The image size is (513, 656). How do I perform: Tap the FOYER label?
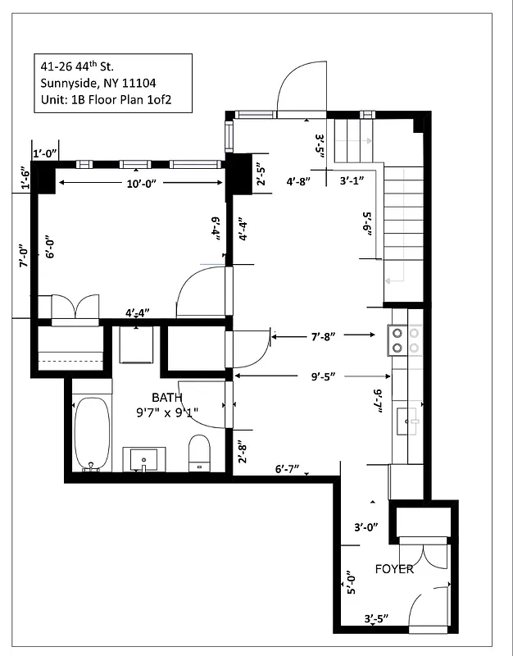394,569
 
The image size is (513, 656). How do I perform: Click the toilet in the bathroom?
199,453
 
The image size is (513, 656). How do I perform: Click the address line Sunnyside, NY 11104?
98,82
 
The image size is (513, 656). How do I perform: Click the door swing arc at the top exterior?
300,88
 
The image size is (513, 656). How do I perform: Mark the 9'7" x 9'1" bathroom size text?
167,412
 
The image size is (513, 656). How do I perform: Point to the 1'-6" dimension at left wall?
25,179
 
